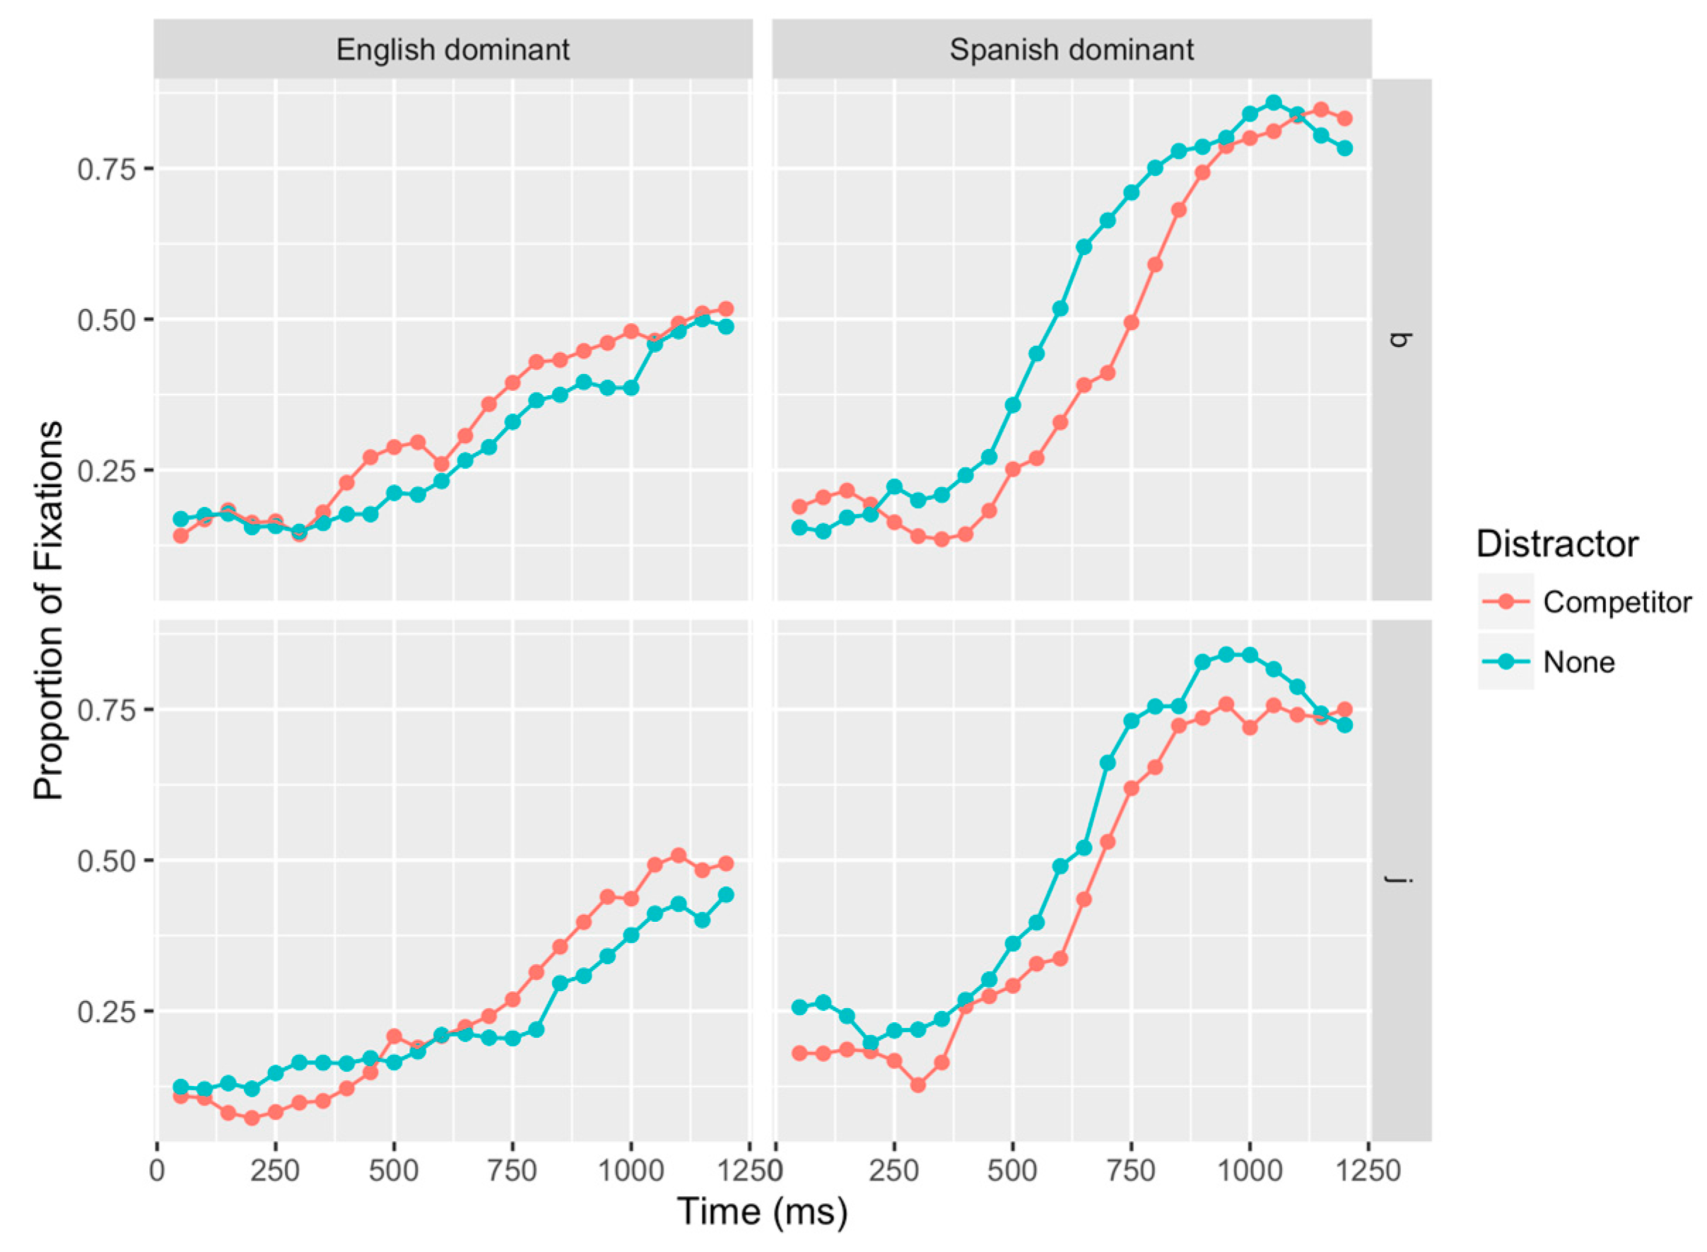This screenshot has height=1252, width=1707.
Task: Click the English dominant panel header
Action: (x=452, y=50)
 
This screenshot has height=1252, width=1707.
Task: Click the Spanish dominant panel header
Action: (x=1071, y=50)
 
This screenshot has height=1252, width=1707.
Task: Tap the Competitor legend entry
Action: (x=1615, y=602)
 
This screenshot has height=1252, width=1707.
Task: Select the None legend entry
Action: (x=1579, y=662)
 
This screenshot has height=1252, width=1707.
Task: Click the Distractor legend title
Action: (x=1557, y=544)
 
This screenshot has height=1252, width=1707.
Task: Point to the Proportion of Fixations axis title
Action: (x=49, y=610)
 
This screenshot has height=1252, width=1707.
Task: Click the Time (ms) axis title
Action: (x=761, y=1210)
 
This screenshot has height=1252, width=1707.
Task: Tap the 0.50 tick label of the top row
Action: (x=105, y=320)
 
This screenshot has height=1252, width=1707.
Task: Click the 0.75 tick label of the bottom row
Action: (x=105, y=710)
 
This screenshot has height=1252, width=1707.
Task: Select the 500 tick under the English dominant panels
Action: (x=393, y=1170)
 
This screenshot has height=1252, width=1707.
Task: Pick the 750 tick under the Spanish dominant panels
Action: (x=1130, y=1170)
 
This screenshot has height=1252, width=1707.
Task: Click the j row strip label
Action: (x=1401, y=879)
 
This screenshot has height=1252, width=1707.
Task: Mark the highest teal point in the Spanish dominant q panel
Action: (x=1273, y=103)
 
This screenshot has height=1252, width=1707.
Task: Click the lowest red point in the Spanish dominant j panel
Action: (x=917, y=1085)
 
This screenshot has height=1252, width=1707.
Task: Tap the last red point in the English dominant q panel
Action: (x=725, y=308)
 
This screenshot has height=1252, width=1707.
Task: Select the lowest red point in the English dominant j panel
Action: (x=252, y=1118)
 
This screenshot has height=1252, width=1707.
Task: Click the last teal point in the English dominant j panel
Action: (x=725, y=895)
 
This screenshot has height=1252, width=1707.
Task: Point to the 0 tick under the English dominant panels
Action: (x=157, y=1170)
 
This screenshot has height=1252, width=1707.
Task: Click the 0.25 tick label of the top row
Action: (x=105, y=471)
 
